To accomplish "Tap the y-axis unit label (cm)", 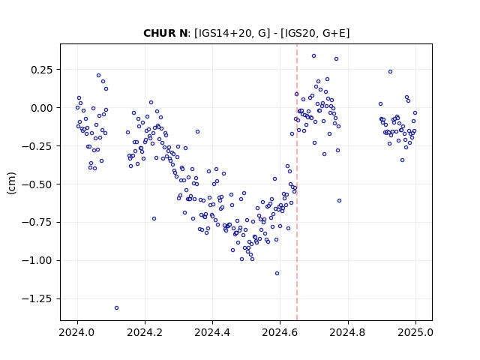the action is click(x=11, y=183).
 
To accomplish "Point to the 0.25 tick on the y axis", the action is click(x=42, y=70).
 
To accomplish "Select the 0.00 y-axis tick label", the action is click(x=42, y=108).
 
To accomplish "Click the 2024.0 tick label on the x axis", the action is click(x=77, y=332).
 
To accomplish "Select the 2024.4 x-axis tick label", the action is click(x=212, y=332).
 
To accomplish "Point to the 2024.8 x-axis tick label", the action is click(x=347, y=332).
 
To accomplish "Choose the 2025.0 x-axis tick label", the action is click(x=415, y=332).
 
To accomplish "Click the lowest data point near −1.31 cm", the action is click(x=117, y=308).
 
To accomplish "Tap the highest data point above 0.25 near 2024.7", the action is click(x=313, y=56).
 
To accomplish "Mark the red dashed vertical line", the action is click(x=297, y=182).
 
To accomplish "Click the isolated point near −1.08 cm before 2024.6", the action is click(x=277, y=273).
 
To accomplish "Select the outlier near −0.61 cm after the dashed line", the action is click(x=339, y=201).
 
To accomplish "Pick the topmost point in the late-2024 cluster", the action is click(x=390, y=72).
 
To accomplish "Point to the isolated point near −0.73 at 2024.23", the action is click(x=154, y=218).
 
